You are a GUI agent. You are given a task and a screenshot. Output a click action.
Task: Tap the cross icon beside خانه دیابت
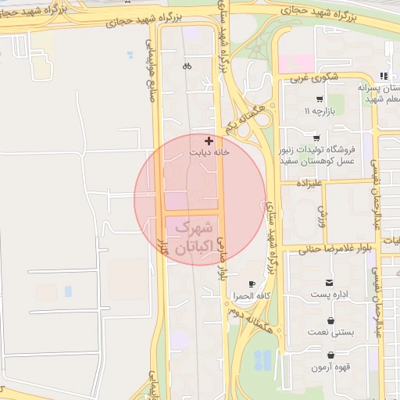(207, 141)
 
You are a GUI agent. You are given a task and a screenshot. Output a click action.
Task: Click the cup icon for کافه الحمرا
(251, 284)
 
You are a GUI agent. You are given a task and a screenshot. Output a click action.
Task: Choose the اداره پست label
(330, 295)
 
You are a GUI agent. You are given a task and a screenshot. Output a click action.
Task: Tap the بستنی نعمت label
(331, 333)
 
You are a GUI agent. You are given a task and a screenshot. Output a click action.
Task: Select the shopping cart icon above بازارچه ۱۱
(319, 99)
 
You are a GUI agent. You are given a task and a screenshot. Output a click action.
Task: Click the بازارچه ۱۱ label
(318, 112)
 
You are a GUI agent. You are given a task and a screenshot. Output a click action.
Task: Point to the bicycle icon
(187, 66)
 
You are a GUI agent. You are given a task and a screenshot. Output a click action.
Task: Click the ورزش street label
(321, 211)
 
